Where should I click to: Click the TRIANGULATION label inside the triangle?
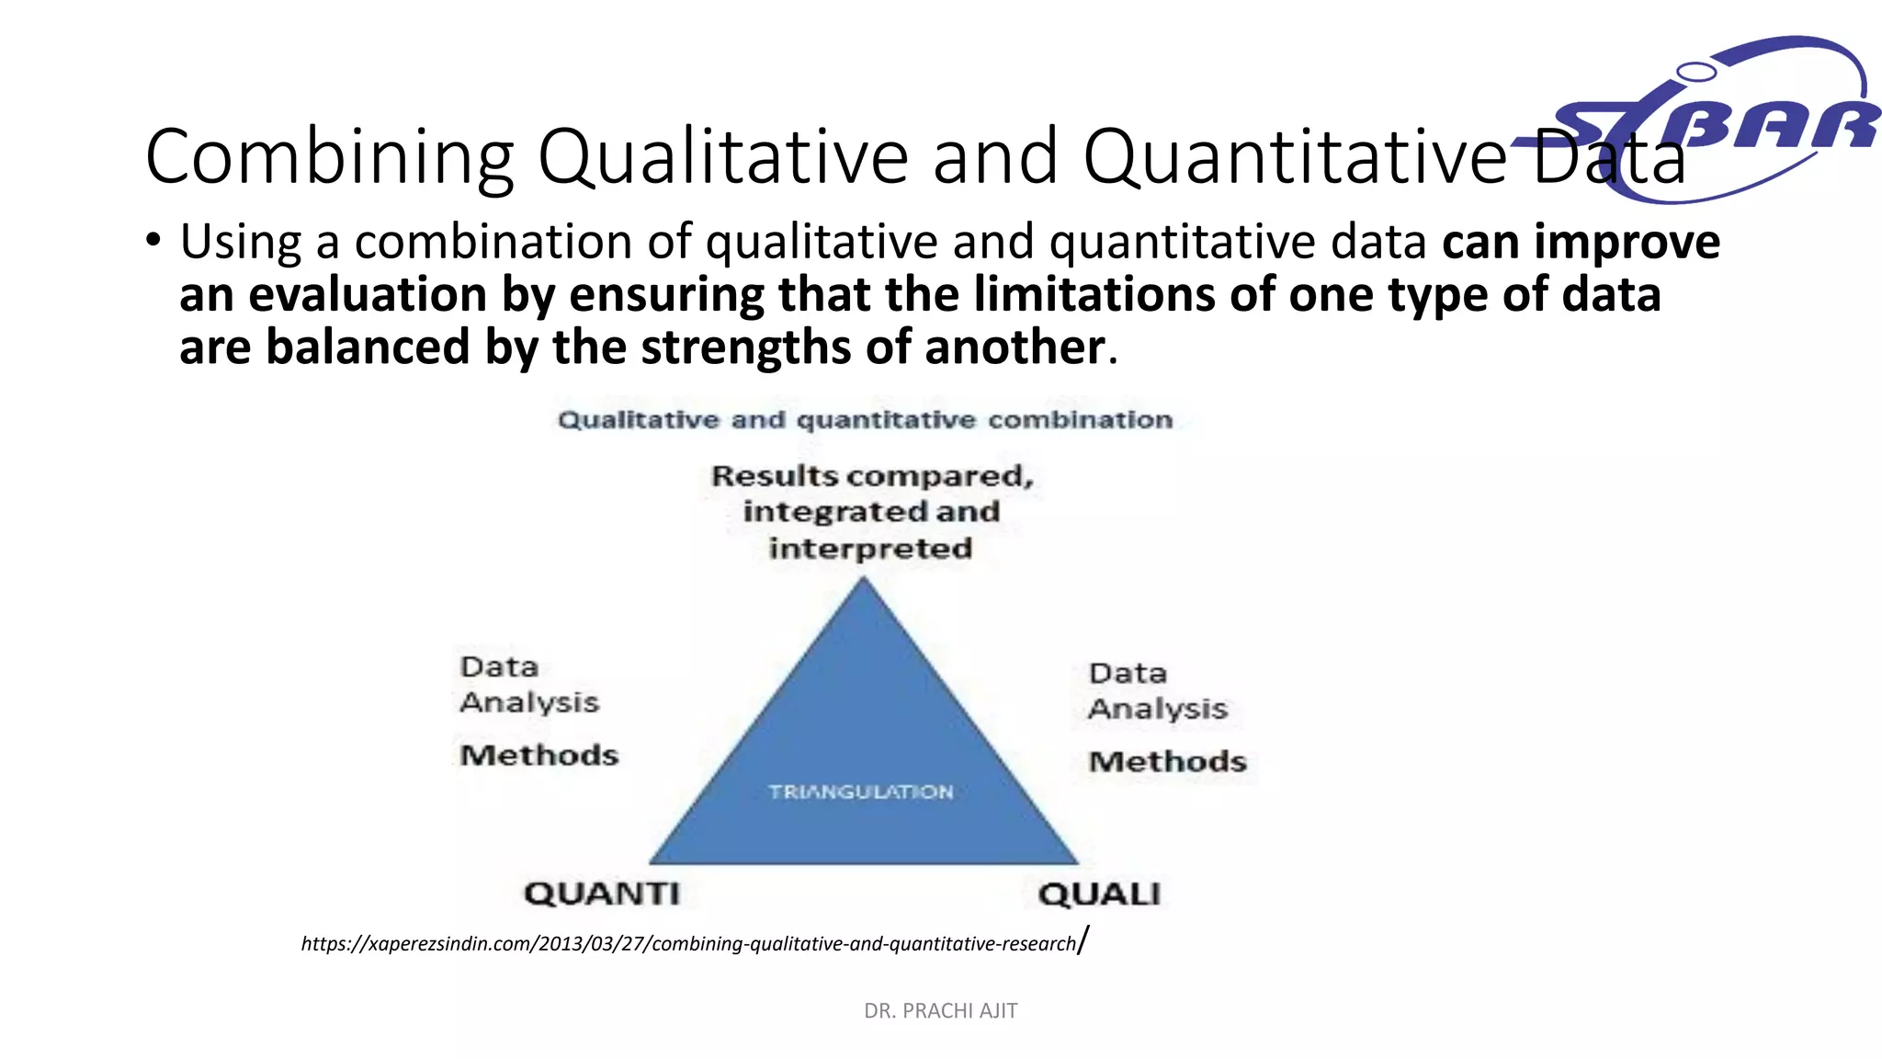pyautogui.click(x=861, y=791)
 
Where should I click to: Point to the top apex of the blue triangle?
pyautogui.click(x=863, y=581)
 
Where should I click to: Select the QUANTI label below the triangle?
pyautogui.click(x=602, y=894)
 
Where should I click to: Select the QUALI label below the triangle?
pyautogui.click(x=1099, y=894)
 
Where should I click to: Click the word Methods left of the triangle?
pyautogui.click(x=539, y=756)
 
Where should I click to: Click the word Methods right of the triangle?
pyautogui.click(x=1167, y=762)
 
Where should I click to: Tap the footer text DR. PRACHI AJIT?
pyautogui.click(x=940, y=1011)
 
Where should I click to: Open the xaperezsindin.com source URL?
pyautogui.click(x=689, y=944)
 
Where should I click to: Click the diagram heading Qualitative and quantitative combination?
pyautogui.click(x=865, y=420)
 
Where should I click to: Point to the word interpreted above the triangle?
pyautogui.click(x=870, y=549)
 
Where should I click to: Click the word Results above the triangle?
pyautogui.click(x=774, y=476)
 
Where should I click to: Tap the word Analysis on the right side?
pyautogui.click(x=1158, y=709)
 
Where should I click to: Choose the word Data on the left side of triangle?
pyautogui.click(x=499, y=666)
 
